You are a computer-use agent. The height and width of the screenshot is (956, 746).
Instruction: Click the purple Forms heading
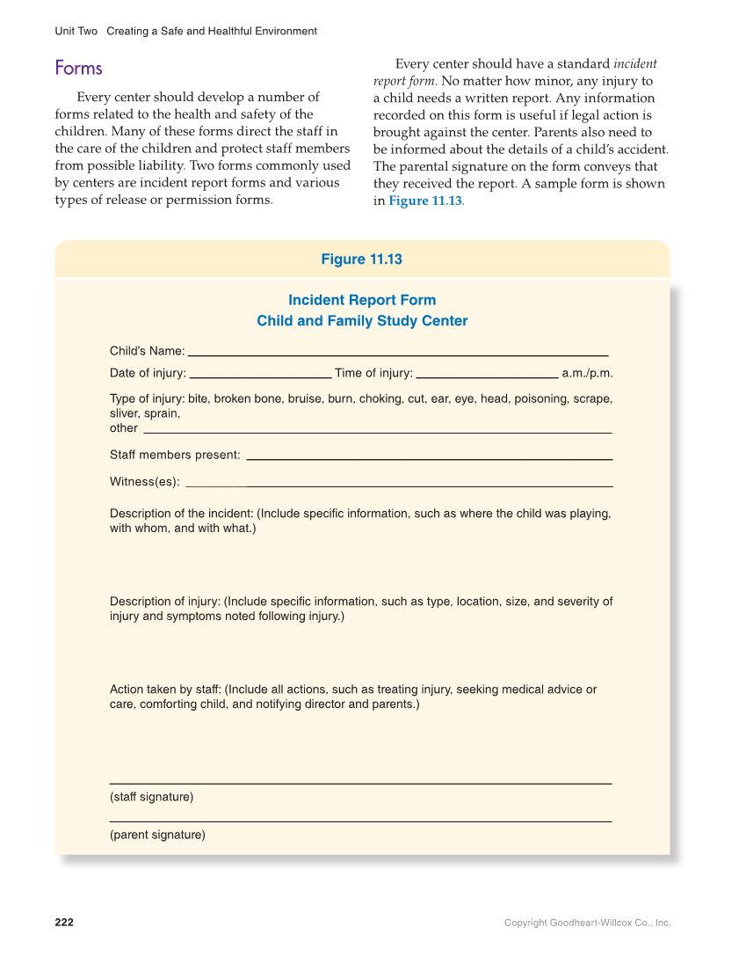pos(78,69)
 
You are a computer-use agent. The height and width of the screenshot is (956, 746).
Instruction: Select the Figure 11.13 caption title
pos(361,259)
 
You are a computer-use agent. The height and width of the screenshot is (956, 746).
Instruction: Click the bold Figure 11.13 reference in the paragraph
pos(425,201)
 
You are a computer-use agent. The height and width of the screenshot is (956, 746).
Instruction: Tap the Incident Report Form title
pos(362,301)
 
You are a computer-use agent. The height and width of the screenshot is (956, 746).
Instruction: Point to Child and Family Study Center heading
pos(362,321)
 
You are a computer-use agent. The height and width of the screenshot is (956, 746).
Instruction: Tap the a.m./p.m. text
pos(587,373)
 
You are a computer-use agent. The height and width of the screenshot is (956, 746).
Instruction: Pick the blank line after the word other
pos(377,432)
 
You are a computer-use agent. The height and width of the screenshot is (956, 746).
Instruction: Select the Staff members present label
pos(175,455)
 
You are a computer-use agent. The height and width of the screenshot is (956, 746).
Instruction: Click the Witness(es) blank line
pos(399,485)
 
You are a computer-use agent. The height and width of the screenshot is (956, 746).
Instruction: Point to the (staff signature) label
pos(151,797)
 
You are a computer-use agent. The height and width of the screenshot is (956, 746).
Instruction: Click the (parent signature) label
pos(157,835)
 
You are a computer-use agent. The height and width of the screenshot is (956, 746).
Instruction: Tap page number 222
pos(64,923)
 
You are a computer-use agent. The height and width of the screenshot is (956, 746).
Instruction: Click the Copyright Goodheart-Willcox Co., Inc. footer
pos(587,923)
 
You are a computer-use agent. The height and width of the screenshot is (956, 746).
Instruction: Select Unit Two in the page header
pos(76,32)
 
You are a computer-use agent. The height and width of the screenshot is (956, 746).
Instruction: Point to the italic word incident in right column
pos(635,64)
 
